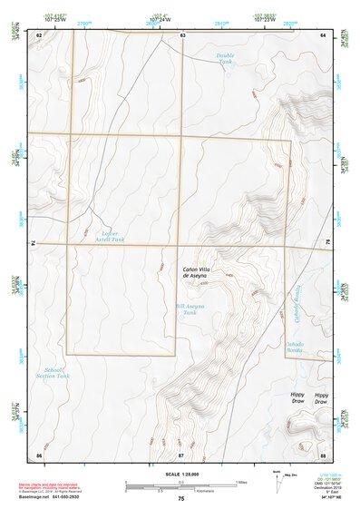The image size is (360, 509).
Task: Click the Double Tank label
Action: coord(226,59)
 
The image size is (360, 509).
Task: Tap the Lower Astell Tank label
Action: coord(109,237)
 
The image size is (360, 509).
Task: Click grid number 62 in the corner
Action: coord(39,34)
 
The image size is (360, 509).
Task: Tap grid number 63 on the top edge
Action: coord(182,34)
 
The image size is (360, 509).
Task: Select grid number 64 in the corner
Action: coord(324,34)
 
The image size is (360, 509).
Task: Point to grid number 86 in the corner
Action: coord(39,454)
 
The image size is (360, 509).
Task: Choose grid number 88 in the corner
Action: coord(323,454)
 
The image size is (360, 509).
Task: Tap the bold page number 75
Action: coord(181,498)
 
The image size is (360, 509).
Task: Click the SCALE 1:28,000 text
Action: coord(181,473)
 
